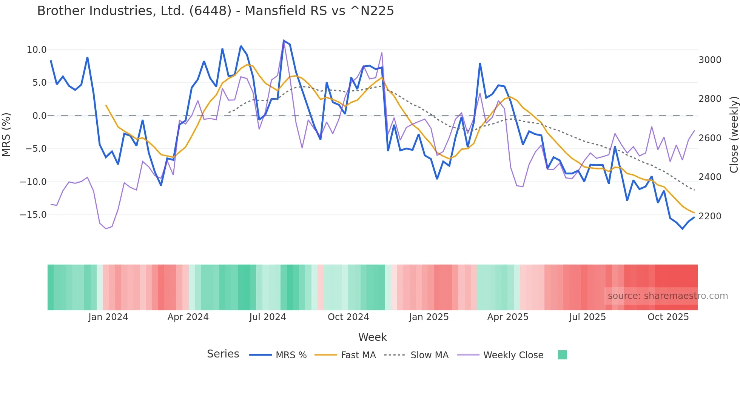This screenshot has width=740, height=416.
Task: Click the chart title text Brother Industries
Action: [x=215, y=11]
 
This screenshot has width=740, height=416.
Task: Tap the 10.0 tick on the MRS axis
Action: [x=37, y=50]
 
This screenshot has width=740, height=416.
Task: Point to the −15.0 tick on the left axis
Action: [x=33, y=215]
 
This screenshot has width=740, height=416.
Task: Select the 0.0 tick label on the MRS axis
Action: [x=40, y=116]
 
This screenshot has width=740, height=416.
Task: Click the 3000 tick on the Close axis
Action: [x=710, y=60]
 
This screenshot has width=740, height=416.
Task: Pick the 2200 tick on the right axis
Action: [x=710, y=216]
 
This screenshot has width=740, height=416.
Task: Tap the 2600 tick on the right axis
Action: [x=710, y=138]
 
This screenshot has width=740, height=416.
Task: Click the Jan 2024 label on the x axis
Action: [x=108, y=317]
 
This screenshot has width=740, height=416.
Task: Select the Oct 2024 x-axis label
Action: [x=348, y=317]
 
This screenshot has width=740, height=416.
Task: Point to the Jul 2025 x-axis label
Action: [x=587, y=317]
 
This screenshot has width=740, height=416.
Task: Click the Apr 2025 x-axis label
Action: [x=508, y=317]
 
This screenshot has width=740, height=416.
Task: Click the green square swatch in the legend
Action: [x=563, y=355]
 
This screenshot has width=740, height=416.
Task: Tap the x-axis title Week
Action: [x=372, y=337]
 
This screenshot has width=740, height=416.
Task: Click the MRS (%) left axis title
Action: [x=6, y=134]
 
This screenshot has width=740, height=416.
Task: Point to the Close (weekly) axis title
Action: [x=734, y=134]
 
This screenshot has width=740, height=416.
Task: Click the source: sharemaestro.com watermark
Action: [x=668, y=296]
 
